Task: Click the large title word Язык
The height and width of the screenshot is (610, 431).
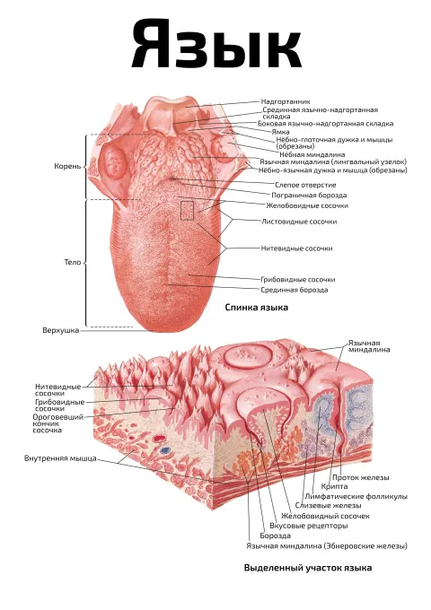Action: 216,44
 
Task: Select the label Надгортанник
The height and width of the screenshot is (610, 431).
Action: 286,101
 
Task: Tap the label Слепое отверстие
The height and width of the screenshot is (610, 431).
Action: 305,185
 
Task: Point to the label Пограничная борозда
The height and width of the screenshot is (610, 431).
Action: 309,195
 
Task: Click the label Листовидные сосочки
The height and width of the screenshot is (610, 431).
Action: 299,222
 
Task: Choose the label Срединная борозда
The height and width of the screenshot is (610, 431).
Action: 295,290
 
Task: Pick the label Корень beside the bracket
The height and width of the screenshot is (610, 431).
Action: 67,166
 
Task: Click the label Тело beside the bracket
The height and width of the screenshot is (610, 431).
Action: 73,262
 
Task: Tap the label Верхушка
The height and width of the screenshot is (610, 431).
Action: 61,330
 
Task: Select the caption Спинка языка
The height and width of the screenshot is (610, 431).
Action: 257,308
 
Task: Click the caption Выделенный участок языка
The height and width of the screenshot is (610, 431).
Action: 308,568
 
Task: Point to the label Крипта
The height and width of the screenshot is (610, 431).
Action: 334,486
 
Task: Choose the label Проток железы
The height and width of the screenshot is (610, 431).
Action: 361,477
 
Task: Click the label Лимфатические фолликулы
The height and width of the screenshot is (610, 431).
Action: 356,496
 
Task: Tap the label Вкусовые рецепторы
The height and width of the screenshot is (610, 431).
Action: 308,526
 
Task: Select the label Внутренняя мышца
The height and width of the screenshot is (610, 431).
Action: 60,458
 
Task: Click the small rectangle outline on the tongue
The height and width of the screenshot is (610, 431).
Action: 187,211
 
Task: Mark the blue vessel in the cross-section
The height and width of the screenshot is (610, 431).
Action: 165,450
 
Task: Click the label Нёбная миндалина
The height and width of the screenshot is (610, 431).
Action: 312,154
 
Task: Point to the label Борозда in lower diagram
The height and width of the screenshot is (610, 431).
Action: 276,536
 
